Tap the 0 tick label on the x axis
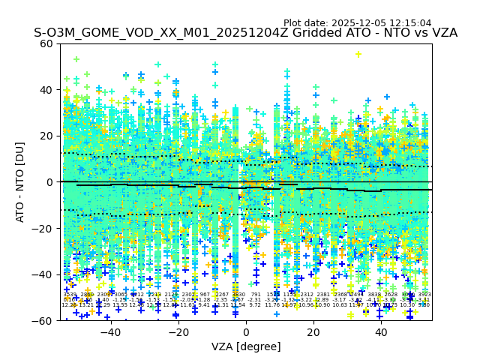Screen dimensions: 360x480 pyautogui.click(x=246, y=332)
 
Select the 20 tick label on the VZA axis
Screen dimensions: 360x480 pyautogui.click(x=314, y=332)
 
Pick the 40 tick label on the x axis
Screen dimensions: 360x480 pyautogui.click(x=382, y=332)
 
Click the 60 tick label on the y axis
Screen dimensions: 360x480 pyautogui.click(x=46, y=43)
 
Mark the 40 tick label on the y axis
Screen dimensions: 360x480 pyautogui.click(x=46, y=90)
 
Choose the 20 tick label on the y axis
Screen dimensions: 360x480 pyautogui.click(x=46, y=136)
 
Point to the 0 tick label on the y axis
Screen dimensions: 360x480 pyautogui.click(x=49, y=182)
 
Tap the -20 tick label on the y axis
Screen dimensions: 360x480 pyautogui.click(x=43, y=228)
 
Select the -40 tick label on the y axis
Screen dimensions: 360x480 pyautogui.click(x=43, y=274)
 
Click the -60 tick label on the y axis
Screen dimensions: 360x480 pyautogui.click(x=43, y=320)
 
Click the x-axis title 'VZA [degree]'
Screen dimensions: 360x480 pyautogui.click(x=246, y=346)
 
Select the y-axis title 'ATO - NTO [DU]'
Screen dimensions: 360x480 pyautogui.click(x=21, y=182)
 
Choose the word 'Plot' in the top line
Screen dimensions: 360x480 pyautogui.click(x=294, y=23)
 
